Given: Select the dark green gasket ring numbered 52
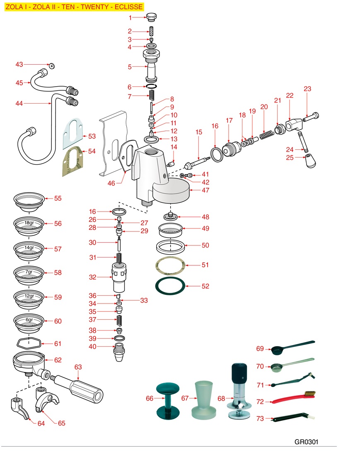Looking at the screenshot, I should (x=170, y=286).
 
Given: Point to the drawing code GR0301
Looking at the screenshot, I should (x=306, y=442).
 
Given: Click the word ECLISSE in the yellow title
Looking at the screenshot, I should (x=129, y=7).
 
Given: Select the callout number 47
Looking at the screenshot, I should (x=205, y=190).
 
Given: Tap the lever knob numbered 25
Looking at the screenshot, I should (x=310, y=161).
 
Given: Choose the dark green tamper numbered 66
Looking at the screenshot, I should (x=168, y=399).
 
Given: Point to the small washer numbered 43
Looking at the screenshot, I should (x=52, y=66).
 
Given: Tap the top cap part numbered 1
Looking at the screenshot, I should (x=150, y=17).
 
